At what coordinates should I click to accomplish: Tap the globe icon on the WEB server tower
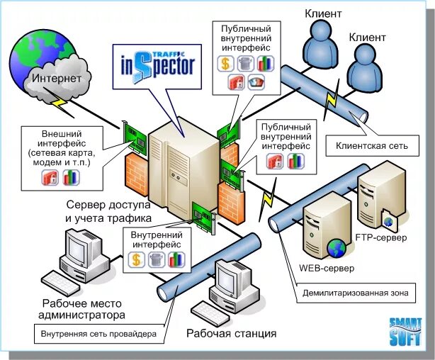335,247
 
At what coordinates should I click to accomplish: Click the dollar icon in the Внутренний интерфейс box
138,260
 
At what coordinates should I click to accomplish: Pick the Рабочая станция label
231,333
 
